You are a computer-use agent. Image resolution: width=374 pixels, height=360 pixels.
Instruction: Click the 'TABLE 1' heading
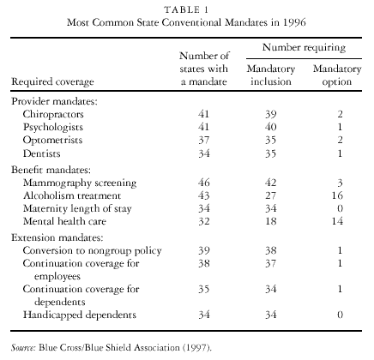186,9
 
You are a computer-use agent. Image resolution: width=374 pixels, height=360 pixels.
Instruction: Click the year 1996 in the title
294,22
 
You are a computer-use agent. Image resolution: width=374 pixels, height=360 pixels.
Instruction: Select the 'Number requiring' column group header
304,48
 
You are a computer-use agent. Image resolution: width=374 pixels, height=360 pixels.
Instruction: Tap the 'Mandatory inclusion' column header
271,75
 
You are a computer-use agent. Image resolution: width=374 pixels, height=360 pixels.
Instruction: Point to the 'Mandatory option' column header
337,75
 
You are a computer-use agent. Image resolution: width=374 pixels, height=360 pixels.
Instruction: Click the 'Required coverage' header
52,82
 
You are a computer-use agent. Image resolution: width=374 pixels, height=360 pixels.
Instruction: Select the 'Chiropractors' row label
53,114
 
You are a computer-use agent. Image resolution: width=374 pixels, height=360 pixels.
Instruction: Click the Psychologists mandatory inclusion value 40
270,127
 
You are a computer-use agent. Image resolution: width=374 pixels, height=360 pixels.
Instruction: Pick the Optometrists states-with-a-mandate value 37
204,141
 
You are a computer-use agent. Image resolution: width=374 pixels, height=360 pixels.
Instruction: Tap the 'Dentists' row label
42,153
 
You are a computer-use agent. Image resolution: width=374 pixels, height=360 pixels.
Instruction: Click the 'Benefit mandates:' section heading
51,170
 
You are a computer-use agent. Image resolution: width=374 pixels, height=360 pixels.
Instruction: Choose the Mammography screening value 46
204,183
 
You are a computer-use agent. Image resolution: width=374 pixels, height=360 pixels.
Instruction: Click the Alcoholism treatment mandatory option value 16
337,195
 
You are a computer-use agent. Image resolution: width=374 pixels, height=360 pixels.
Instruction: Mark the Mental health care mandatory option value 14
337,221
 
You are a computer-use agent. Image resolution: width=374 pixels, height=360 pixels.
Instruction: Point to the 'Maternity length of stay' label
77,208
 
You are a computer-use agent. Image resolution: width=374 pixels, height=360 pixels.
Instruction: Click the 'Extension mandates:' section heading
57,237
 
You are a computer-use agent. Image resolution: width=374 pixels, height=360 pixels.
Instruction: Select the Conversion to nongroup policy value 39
204,250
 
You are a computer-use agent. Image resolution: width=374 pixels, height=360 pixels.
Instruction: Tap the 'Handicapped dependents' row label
80,315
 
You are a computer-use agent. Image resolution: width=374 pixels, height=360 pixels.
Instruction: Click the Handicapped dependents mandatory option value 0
340,315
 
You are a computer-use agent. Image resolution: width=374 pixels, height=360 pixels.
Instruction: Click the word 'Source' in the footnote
23,348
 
